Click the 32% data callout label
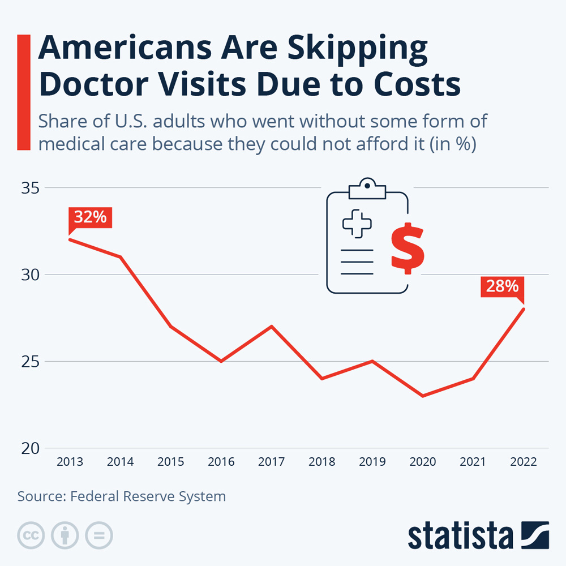tap(91, 217)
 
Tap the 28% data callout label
tap(502, 286)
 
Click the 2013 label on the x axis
tap(70, 462)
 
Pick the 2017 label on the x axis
tap(272, 462)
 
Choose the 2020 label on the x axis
tap(422, 462)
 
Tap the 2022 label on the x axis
tap(523, 462)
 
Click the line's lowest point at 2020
tap(422, 396)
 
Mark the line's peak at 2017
tap(272, 327)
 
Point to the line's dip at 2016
tap(221, 361)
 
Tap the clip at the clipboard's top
tap(367, 188)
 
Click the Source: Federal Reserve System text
tap(122, 496)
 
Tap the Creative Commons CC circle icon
tap(31, 535)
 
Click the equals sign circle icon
tap(99, 535)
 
